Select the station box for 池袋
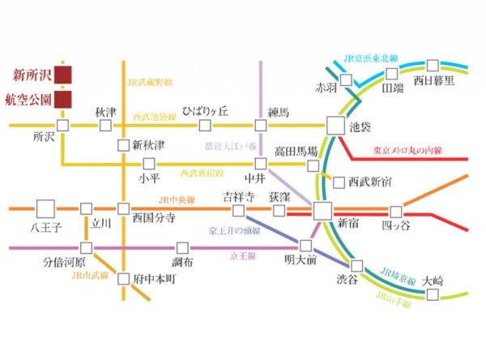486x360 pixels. [x=335, y=126]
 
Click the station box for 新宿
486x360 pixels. [x=322, y=209]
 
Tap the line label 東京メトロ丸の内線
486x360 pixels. [x=407, y=151]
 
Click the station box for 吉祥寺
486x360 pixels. [x=239, y=210]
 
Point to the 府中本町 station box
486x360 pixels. [x=123, y=279]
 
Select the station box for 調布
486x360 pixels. [x=183, y=246]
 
